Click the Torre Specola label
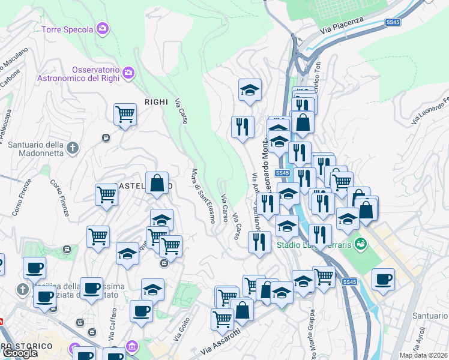point(67,29)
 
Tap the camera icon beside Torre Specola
point(103,28)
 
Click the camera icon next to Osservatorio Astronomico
point(128,73)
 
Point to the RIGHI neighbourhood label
point(156,102)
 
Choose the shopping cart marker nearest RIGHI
point(125,113)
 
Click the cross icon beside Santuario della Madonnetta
point(73,148)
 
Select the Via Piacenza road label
point(342,25)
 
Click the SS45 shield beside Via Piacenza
point(393,22)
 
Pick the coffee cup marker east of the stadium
point(383,279)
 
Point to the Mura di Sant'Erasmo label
point(203,195)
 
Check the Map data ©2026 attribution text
point(424,355)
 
